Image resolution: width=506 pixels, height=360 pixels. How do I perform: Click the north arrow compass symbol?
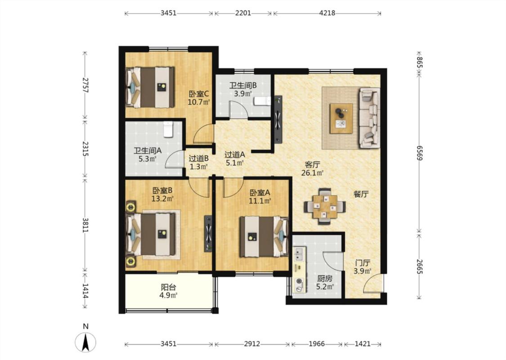coord(85,342)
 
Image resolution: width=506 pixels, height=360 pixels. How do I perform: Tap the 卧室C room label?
coord(199,94)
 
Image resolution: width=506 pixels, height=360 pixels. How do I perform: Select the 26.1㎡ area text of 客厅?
coord(313,173)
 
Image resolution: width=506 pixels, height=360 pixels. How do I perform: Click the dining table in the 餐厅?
coord(325,207)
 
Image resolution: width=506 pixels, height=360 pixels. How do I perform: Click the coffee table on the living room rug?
coord(341,118)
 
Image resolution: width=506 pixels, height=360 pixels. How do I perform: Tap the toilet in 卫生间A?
coord(169,129)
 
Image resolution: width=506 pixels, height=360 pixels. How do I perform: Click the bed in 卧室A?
coord(264,237)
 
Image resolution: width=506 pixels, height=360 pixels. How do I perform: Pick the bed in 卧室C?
coord(150,87)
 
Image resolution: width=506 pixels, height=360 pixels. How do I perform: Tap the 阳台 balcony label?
coord(169,287)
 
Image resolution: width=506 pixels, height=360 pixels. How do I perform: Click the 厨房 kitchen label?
coord(325,279)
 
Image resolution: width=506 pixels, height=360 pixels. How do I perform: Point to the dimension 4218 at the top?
coord(327,13)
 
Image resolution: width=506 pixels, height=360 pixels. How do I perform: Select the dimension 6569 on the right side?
coord(419,153)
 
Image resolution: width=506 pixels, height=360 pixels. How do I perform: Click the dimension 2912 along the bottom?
coord(252,344)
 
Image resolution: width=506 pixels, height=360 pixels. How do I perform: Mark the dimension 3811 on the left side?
coord(85,225)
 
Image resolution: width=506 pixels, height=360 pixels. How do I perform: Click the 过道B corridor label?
coord(198,158)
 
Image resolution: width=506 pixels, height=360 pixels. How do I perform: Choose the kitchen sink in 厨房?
coord(299,253)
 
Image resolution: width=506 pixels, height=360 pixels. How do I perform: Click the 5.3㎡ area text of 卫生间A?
coord(148,159)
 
